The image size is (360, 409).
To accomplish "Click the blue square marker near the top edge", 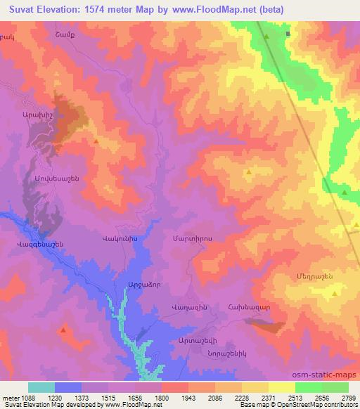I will pos(288,33).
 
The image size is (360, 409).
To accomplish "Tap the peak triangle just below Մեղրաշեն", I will pos(335,294).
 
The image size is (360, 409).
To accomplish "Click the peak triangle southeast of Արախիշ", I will pos(96,141).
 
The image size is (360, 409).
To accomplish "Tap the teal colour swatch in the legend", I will pos(41,387).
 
